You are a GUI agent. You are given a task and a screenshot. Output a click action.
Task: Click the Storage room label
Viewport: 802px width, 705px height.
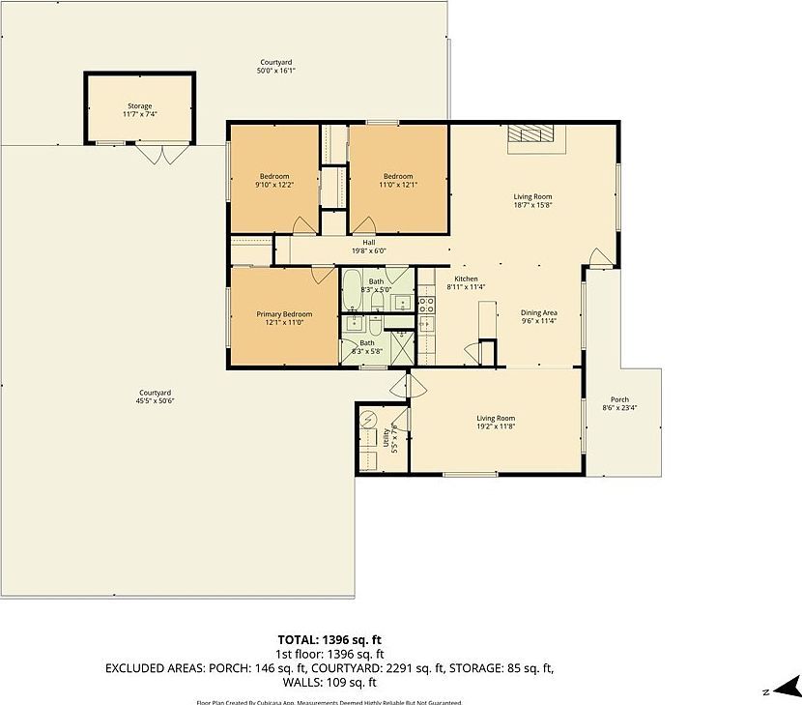pyautogui.click(x=140, y=106)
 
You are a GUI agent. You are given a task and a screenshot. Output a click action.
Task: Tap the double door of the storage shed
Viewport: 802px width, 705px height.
pyautogui.click(x=155, y=154)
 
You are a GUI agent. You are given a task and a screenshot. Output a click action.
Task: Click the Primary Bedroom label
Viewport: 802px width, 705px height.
pyautogui.click(x=284, y=314)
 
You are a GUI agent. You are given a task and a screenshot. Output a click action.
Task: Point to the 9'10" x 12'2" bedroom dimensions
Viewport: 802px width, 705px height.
pyautogui.click(x=274, y=185)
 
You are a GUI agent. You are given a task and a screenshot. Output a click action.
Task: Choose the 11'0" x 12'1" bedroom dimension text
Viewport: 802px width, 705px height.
pyautogui.click(x=398, y=185)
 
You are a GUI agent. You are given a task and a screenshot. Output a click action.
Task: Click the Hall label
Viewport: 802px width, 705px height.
pyautogui.click(x=368, y=243)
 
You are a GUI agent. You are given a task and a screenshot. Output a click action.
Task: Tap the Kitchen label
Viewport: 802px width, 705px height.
pyautogui.click(x=466, y=279)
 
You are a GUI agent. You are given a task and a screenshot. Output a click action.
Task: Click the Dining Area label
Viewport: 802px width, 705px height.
pyautogui.click(x=539, y=313)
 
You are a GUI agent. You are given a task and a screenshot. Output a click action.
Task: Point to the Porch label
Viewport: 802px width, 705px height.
pyautogui.click(x=619, y=399)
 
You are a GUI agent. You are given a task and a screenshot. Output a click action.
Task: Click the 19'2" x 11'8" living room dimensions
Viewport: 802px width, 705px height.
pyautogui.click(x=495, y=426)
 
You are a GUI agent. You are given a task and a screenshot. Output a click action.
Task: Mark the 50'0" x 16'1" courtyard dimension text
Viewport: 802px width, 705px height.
pyautogui.click(x=275, y=71)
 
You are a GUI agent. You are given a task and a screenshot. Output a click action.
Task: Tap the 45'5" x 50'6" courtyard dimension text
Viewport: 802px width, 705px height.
pyautogui.click(x=155, y=400)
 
